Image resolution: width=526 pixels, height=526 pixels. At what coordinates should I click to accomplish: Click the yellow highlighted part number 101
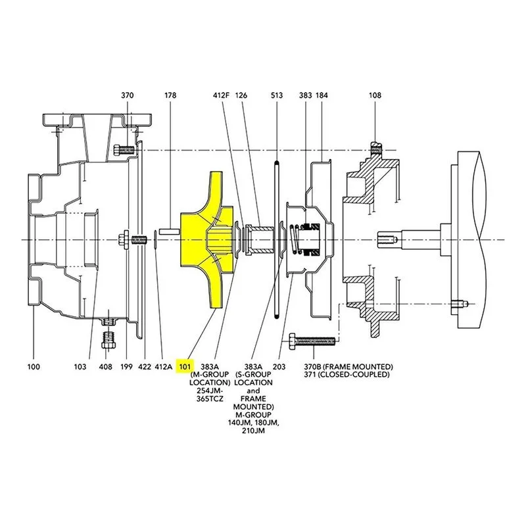185,367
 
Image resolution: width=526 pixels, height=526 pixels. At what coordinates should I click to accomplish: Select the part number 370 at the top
127,95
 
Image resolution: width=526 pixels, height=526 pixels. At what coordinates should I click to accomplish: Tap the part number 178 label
170,95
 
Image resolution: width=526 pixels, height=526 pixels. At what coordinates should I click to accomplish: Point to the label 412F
221,95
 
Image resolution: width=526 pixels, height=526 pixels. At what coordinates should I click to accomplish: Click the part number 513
277,95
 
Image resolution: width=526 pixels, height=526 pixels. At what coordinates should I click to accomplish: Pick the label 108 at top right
375,95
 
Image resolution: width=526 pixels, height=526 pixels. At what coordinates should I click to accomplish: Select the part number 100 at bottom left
34,367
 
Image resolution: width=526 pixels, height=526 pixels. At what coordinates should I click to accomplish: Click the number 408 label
105,367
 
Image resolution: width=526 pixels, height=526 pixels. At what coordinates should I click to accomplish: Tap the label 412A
163,367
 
